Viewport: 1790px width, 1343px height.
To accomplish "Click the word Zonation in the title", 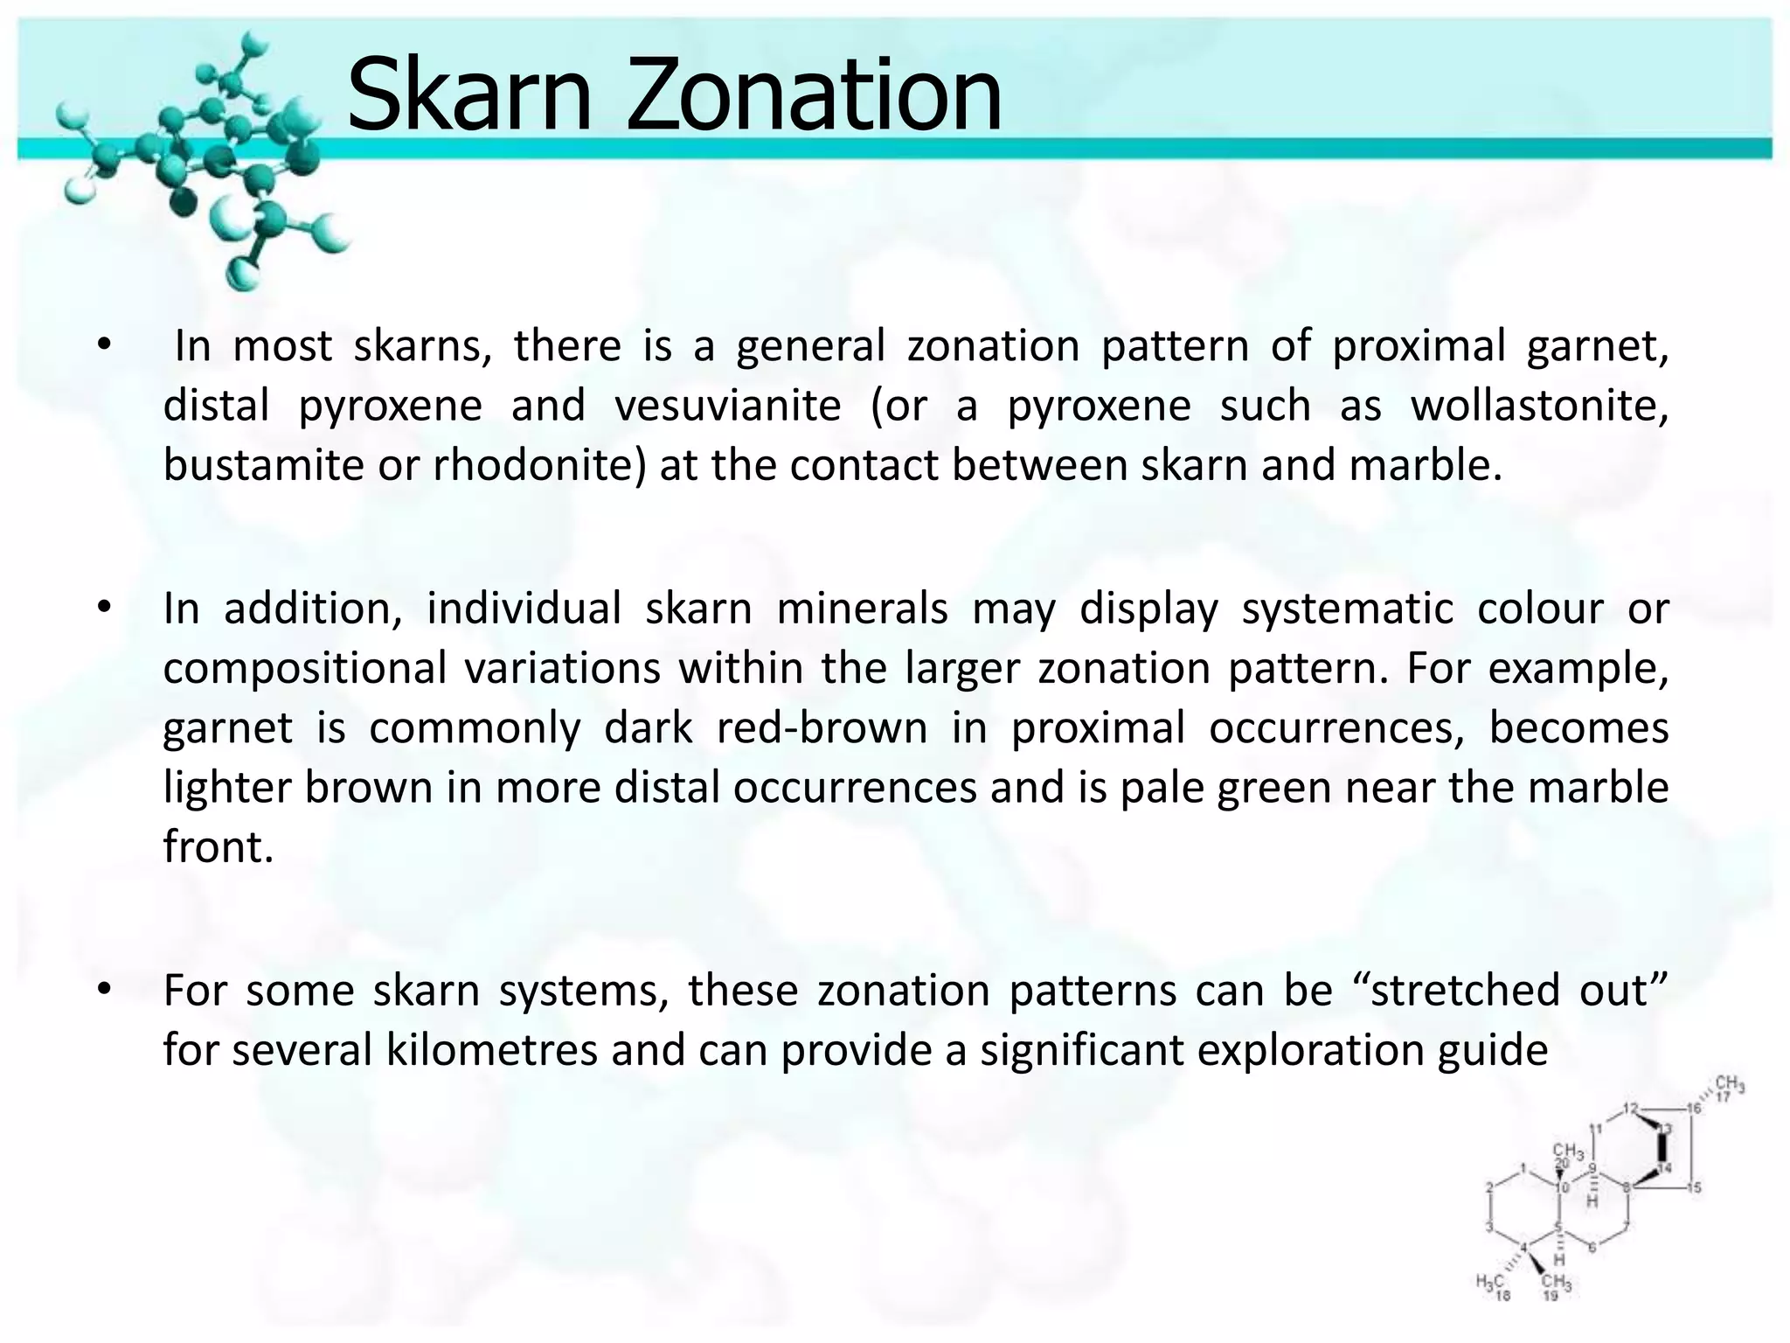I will (x=814, y=94).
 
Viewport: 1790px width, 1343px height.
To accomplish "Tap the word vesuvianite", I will (x=727, y=406).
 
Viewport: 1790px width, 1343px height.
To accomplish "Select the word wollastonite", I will (x=1539, y=406).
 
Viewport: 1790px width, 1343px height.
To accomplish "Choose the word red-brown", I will (x=822, y=728).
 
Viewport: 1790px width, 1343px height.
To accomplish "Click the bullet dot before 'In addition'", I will (x=104, y=608).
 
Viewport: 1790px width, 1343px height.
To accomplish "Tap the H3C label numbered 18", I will (x=1490, y=1284).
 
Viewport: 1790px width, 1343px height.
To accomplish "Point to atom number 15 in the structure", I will (x=1694, y=1187).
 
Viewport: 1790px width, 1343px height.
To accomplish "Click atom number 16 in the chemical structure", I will (x=1694, y=1109).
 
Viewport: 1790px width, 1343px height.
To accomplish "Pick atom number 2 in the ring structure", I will (x=1490, y=1186).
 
